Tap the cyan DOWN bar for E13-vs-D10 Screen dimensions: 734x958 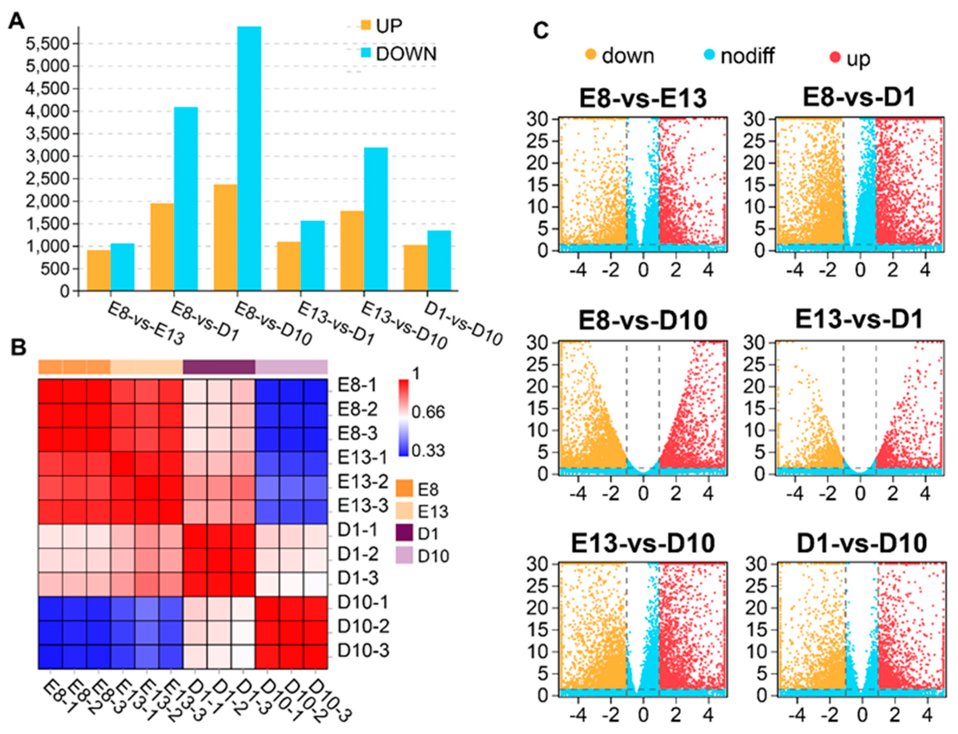pos(376,219)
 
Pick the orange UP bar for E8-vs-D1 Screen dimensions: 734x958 pos(162,247)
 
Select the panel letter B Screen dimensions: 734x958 pos(18,348)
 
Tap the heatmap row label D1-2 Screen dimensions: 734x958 pos(357,554)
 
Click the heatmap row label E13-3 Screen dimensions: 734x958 pos(363,505)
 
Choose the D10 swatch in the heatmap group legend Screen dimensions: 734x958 pos(404,556)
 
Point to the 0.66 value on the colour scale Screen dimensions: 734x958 pos(428,412)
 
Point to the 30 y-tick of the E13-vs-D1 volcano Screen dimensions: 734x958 pos(755,343)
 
